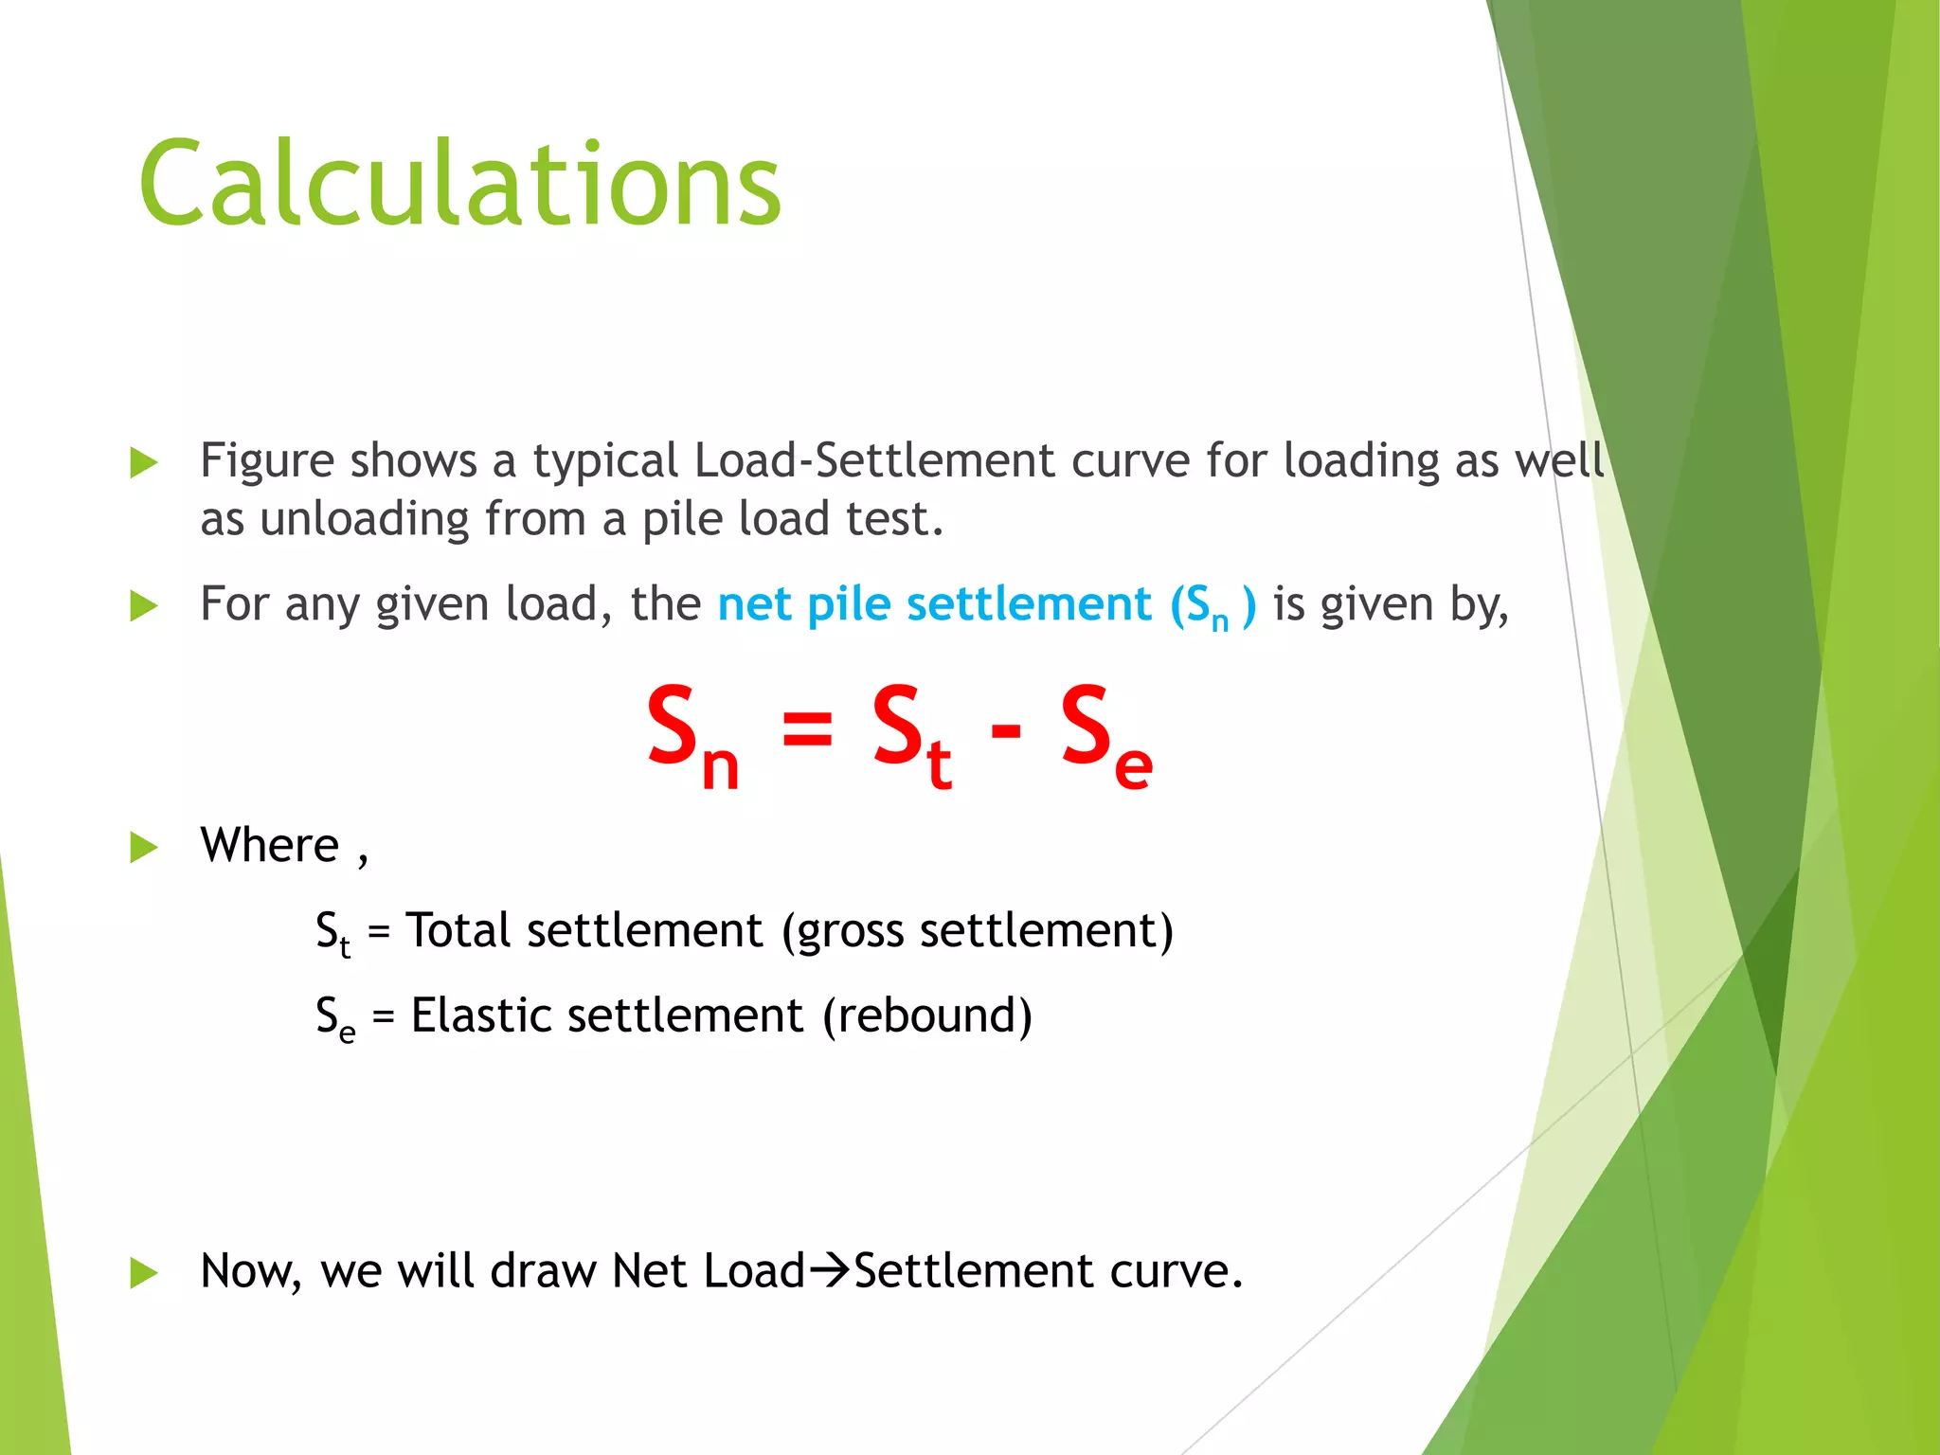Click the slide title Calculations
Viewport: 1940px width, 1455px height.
[x=460, y=184]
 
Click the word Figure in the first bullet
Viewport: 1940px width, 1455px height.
[x=267, y=461]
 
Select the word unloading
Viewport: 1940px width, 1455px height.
[x=364, y=519]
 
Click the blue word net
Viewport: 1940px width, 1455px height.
[x=755, y=604]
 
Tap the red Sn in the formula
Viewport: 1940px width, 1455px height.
[x=692, y=733]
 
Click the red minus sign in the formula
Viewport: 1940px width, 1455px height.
[x=1006, y=729]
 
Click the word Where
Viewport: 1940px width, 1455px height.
[x=269, y=845]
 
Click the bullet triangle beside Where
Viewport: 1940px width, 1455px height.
[x=143, y=847]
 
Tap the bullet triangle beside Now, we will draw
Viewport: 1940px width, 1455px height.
[x=143, y=1272]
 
